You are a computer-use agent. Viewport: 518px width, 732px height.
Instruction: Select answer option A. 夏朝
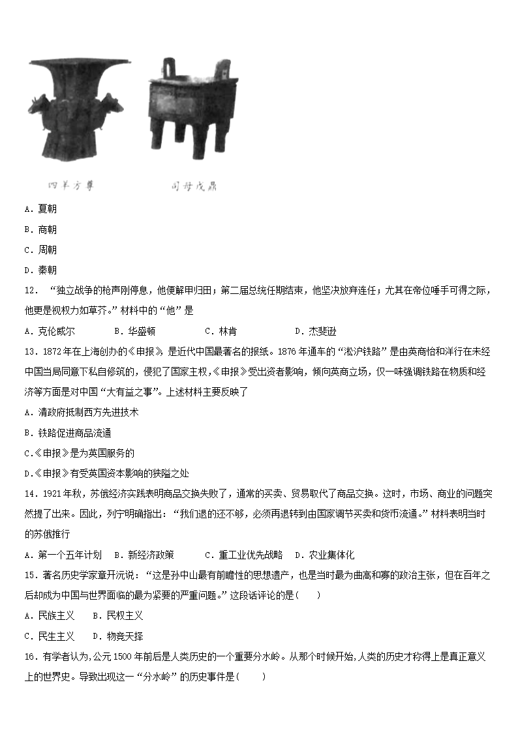coord(40,209)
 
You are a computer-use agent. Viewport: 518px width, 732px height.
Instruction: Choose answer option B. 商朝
coord(40,229)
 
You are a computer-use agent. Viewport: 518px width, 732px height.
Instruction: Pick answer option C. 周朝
coord(40,250)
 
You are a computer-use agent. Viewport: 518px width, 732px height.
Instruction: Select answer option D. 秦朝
coord(40,270)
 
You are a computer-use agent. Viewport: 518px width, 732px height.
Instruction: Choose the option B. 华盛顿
coord(134,330)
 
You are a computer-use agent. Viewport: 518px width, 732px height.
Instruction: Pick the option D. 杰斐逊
coord(315,330)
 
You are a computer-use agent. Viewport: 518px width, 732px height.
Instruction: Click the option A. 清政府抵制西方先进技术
coord(82,412)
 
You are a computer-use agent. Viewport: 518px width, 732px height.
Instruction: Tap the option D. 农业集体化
coord(324,555)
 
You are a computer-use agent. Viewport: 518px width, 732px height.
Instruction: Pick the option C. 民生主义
coord(49,636)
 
